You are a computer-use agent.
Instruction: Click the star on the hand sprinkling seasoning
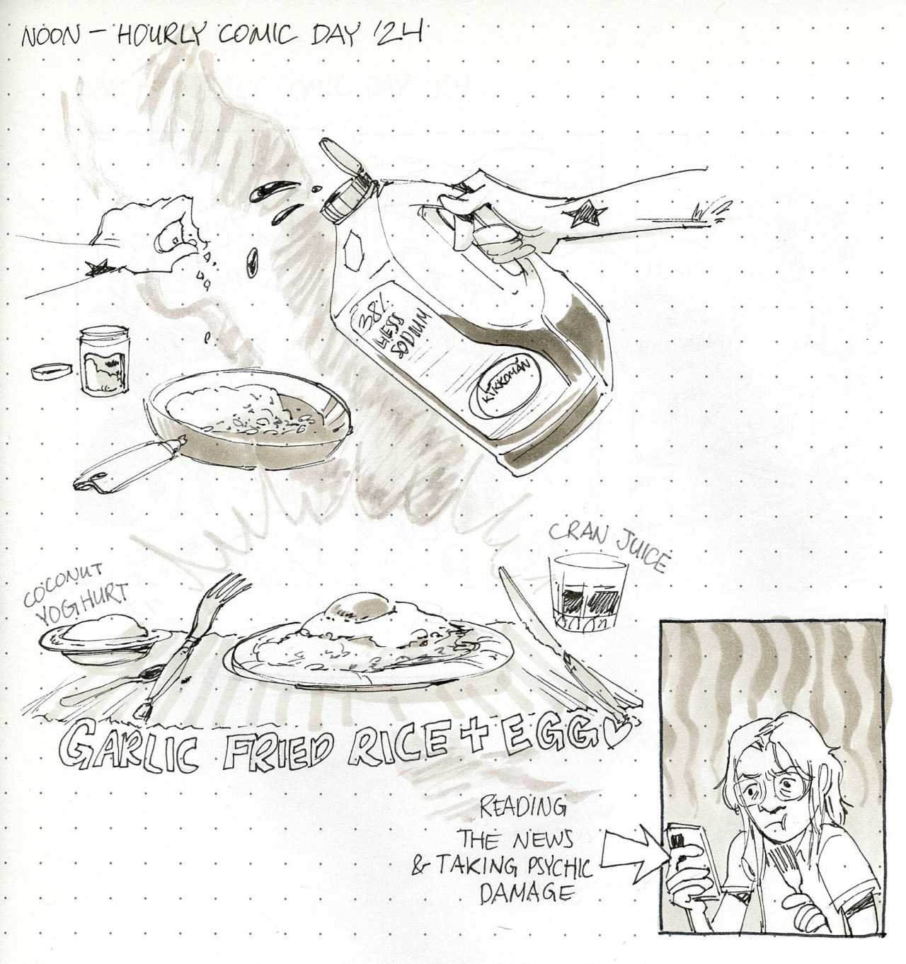coord(97,267)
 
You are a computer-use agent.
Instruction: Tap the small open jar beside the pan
coord(105,361)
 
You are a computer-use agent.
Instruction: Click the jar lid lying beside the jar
coord(52,372)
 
